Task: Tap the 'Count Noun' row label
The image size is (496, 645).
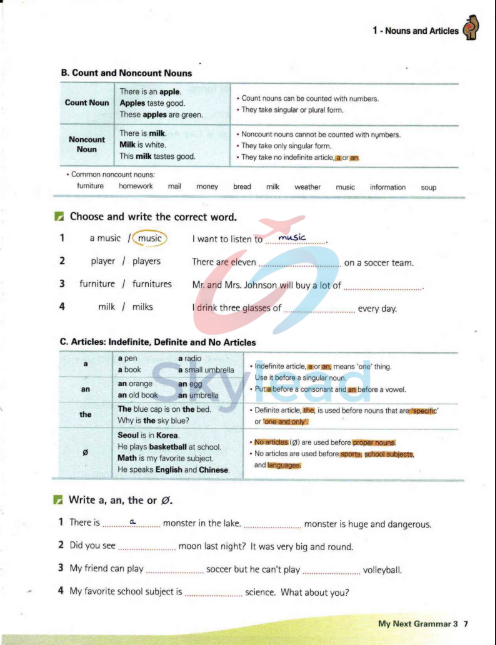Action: click(x=86, y=102)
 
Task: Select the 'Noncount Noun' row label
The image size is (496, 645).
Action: click(x=86, y=144)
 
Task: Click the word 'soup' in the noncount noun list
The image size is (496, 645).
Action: click(x=428, y=187)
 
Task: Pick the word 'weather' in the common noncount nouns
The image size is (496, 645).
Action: click(x=307, y=187)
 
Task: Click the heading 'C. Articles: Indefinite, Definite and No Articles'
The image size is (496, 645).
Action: click(x=158, y=342)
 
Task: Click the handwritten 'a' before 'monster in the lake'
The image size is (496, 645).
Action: click(x=132, y=521)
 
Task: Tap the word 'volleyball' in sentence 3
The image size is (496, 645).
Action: click(x=381, y=570)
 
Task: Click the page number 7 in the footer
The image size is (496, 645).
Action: click(x=465, y=624)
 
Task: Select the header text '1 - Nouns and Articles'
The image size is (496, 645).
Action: click(x=414, y=31)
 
